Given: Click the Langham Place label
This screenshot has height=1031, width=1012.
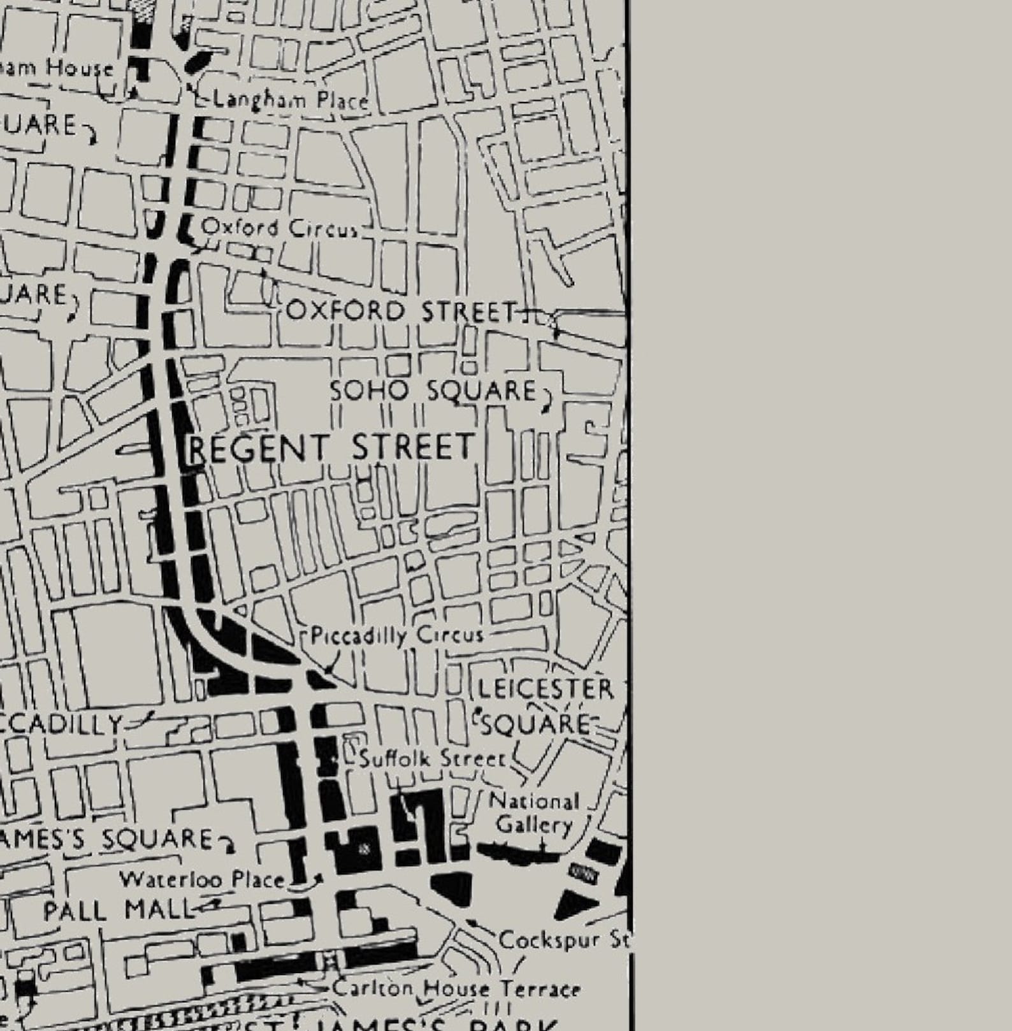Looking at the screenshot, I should pos(290,100).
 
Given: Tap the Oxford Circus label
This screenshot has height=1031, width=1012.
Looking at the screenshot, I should pos(279,227).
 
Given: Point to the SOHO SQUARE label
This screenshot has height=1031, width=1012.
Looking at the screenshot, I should pos(433,390).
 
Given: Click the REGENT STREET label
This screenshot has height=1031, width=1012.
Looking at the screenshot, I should pos(331,447).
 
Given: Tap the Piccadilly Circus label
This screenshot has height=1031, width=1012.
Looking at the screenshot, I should pos(397,636).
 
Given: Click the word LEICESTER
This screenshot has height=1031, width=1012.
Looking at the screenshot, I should pos(546,689).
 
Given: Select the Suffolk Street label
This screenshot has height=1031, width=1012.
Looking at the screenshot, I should pos(432,759).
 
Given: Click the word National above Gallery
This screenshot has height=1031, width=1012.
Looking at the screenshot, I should pos(534,801).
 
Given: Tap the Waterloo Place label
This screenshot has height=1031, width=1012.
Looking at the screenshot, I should pos(203,880).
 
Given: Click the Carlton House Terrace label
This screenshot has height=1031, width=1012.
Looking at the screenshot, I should pos(456,989).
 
